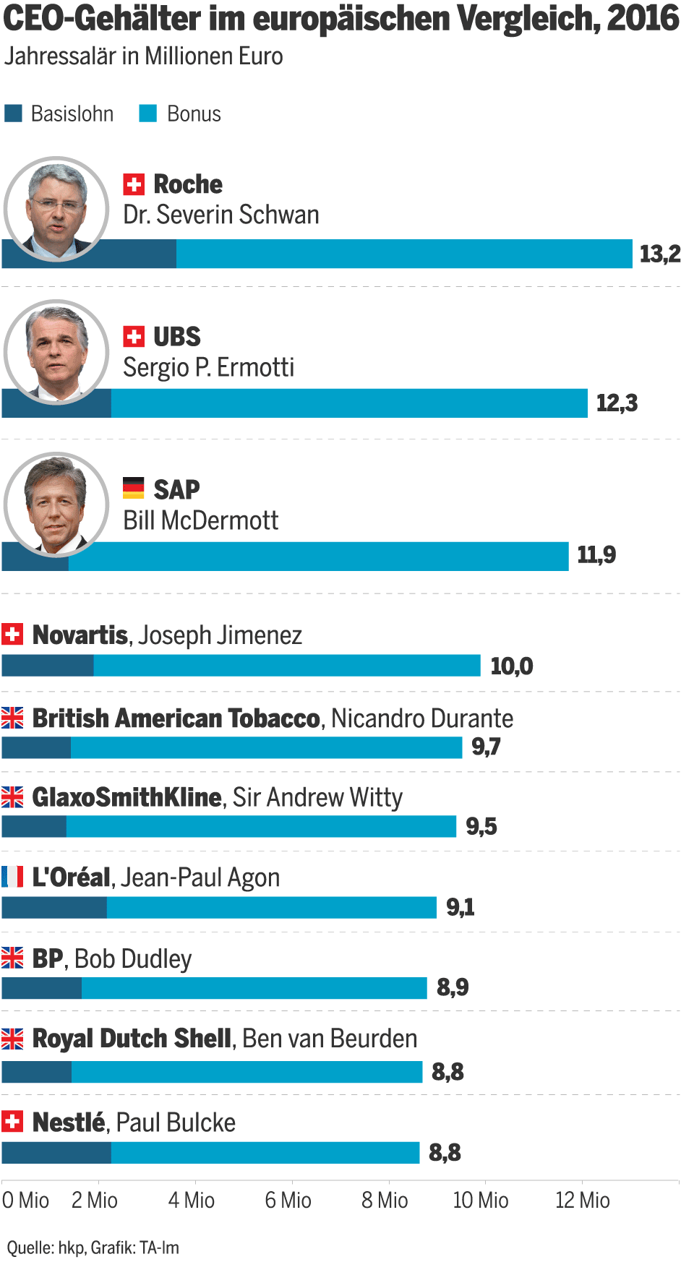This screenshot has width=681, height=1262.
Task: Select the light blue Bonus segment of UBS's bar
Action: [349, 403]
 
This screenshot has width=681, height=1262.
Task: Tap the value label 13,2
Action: [659, 254]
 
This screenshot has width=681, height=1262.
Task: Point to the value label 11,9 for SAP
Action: [596, 555]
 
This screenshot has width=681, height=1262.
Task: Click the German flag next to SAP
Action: [133, 489]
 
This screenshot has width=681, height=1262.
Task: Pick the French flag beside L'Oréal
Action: [12, 877]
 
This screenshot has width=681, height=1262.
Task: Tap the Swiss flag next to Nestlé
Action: [12, 1122]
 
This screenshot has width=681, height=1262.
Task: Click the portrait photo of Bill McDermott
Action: [56, 505]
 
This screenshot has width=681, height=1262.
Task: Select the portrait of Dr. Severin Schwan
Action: [56, 208]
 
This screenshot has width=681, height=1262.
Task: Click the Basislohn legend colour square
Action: [13, 113]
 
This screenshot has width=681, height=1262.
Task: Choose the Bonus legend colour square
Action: [148, 113]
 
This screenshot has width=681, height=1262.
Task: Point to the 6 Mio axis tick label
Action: [288, 1201]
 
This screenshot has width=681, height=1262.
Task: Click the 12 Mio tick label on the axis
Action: [582, 1201]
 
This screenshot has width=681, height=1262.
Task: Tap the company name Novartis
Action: [80, 635]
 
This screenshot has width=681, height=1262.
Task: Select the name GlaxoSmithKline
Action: [127, 797]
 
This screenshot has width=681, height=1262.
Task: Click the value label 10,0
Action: [511, 666]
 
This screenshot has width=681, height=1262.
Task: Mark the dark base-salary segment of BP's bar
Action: [42, 988]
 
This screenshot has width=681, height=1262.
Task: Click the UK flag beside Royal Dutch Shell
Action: [12, 1039]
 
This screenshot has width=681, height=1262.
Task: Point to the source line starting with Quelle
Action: [93, 1248]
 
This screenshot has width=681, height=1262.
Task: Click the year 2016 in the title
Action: [643, 19]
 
